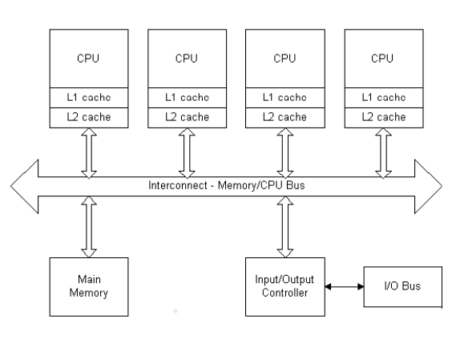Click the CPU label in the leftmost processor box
(x=88, y=58)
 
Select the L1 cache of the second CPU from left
(x=188, y=98)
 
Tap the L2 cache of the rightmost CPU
(x=384, y=118)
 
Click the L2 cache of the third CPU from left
(x=285, y=118)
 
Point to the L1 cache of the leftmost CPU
(x=89, y=98)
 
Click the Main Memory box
(x=89, y=287)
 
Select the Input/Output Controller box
(x=285, y=287)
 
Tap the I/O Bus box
(x=403, y=286)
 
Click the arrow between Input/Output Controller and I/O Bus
(x=345, y=286)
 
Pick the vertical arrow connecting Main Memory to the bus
(x=89, y=227)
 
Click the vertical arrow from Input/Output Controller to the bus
(x=285, y=227)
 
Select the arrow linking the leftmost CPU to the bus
(x=89, y=153)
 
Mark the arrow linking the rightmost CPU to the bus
(x=384, y=153)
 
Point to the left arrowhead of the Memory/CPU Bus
(x=24, y=186)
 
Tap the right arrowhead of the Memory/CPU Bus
(x=429, y=186)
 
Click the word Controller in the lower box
(x=285, y=293)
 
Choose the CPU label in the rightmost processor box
(x=382, y=58)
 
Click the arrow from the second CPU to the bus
(x=187, y=153)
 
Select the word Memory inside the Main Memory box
(x=89, y=293)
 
